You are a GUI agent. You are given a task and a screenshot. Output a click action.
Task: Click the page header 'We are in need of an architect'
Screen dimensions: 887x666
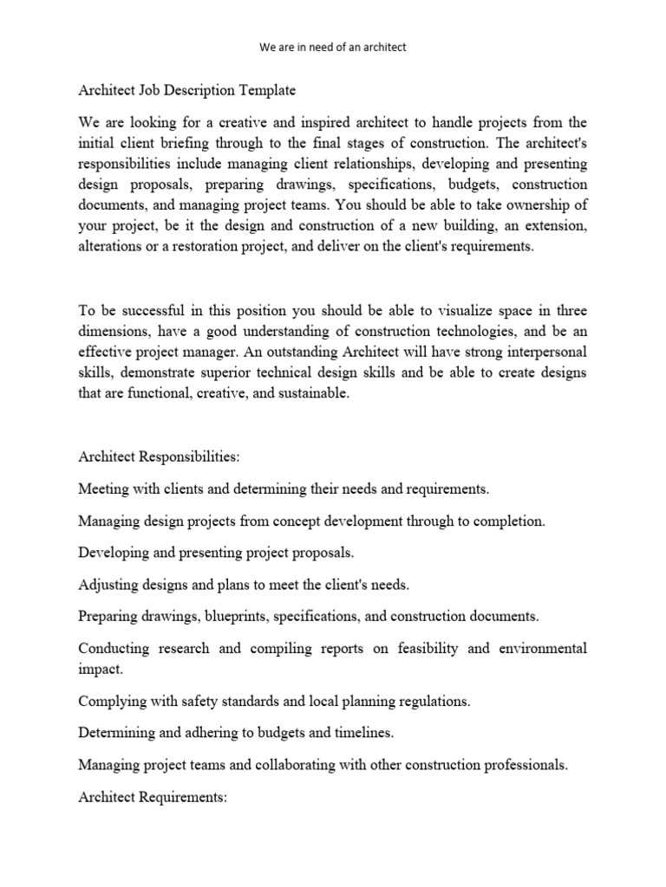coord(333,47)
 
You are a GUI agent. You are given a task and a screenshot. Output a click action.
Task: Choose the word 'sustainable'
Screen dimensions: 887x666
coord(306,394)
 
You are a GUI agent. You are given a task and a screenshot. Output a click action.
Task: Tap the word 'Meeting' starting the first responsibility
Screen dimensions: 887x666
coord(103,489)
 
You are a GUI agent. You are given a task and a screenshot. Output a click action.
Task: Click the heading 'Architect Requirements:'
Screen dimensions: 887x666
coord(152,796)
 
